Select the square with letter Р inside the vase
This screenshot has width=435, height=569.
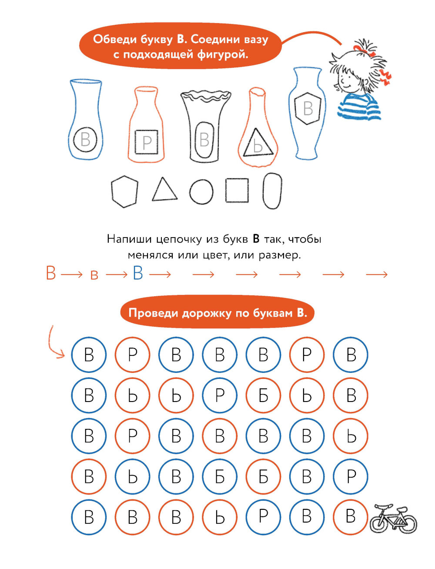point(135,142)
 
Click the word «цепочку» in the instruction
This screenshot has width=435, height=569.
point(179,239)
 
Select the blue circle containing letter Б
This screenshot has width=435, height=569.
point(220,476)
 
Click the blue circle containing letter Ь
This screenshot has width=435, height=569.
point(133,476)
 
